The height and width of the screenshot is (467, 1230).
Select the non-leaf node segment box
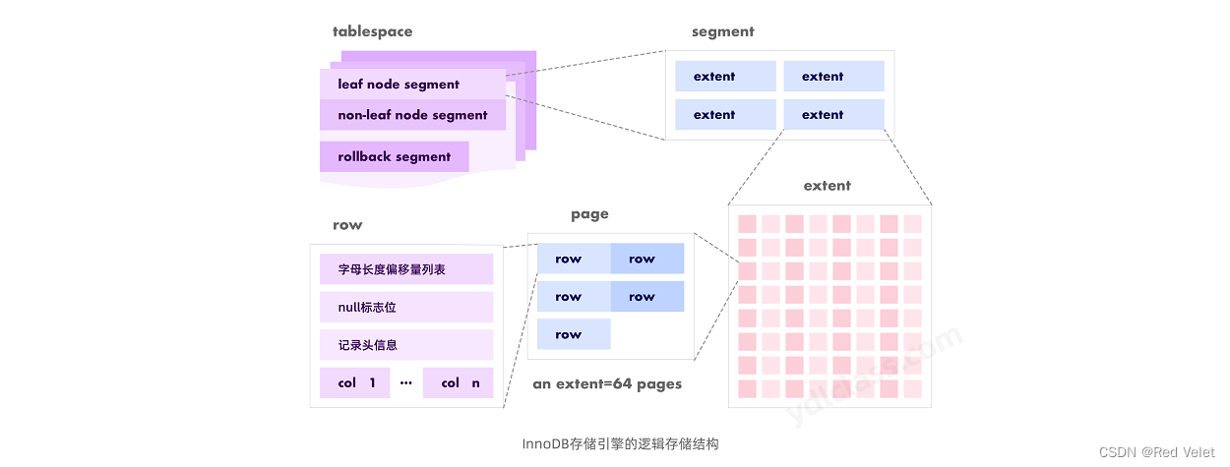pyautogui.click(x=412, y=115)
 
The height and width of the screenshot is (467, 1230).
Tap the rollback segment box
pyautogui.click(x=394, y=156)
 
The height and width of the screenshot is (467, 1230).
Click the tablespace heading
pyautogui.click(x=372, y=31)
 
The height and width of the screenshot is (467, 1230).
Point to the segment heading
pyautogui.click(x=722, y=31)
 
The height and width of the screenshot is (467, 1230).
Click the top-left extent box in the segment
pyautogui.click(x=725, y=77)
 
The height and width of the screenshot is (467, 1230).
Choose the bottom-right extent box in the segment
pyautogui.click(x=833, y=115)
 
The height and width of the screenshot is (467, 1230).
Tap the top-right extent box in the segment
pyautogui.click(x=833, y=77)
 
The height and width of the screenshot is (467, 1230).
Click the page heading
pyautogui.click(x=589, y=214)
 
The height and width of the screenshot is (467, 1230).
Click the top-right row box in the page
pyautogui.click(x=646, y=259)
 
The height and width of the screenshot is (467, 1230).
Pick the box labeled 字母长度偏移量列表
pyautogui.click(x=406, y=269)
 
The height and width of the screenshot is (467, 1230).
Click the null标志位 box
pyautogui.click(x=406, y=307)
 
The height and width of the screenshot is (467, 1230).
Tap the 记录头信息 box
pyautogui.click(x=406, y=345)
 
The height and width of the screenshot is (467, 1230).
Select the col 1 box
pyautogui.click(x=355, y=382)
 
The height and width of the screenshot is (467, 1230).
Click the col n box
pyautogui.click(x=459, y=382)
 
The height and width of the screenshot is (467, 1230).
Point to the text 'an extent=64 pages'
pyautogui.click(x=607, y=384)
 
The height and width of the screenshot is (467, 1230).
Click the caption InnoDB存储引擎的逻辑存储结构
pyautogui.click(x=620, y=444)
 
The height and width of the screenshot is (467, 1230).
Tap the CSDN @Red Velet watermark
pyautogui.click(x=1156, y=452)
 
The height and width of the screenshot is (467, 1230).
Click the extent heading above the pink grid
pyautogui.click(x=827, y=185)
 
